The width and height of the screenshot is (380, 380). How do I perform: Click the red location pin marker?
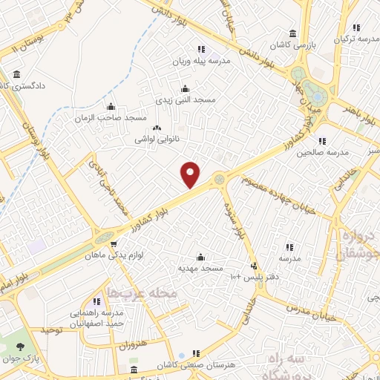(x=191, y=174)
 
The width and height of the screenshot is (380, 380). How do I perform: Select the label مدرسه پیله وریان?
(x=202, y=62)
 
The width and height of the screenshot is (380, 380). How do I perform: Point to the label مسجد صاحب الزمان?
(x=111, y=118)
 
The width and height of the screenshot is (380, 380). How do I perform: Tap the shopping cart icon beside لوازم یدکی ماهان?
(x=113, y=243)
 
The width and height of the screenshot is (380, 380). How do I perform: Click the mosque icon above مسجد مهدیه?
(x=199, y=256)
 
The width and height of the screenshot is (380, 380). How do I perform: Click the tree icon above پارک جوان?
(x=20, y=347)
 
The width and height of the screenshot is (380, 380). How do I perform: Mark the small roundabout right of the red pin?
(x=220, y=178)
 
